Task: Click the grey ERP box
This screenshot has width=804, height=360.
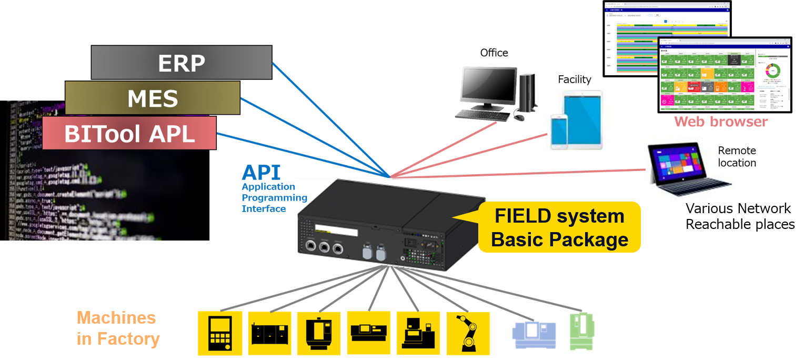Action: point(182,63)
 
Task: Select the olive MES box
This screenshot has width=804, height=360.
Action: point(153,98)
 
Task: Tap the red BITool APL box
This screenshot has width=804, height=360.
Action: point(129,133)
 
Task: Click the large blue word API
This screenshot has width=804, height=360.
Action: point(261,173)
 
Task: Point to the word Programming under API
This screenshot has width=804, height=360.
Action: point(274,198)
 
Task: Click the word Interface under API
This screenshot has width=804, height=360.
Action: point(264,209)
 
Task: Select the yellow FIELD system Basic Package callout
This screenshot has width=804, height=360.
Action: point(559,228)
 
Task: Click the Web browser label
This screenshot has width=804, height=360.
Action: point(720,122)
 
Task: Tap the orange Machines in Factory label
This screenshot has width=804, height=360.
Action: point(118,328)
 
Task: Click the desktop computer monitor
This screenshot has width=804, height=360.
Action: point(488,85)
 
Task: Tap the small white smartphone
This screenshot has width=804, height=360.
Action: point(558,132)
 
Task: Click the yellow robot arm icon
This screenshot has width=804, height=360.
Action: point(468,333)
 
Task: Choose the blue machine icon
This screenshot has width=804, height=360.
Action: point(534,333)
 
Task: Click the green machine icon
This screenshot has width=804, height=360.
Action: point(581,332)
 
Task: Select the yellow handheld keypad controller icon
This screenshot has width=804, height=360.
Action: point(219,333)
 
